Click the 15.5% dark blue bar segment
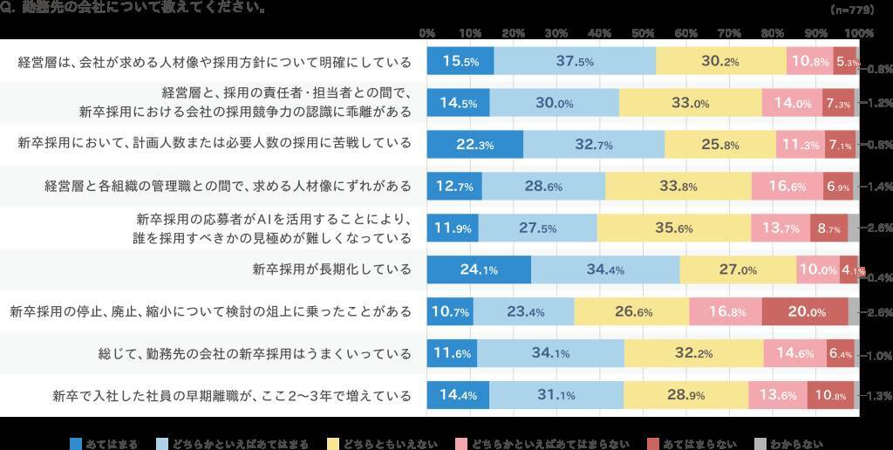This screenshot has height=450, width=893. pos(460,61)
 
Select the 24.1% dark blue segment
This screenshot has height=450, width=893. pos(478,269)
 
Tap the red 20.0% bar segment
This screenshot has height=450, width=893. pos(804,311)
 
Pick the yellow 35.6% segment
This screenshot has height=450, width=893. pos(674,228)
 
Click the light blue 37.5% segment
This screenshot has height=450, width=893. pos(575,61)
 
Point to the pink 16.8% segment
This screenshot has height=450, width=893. pos(725,311)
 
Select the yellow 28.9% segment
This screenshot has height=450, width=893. pos(685,395)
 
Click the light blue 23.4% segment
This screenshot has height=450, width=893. pos(523,311)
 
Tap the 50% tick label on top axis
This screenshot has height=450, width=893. pos(643,32)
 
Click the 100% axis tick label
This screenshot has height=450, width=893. pos(859,32)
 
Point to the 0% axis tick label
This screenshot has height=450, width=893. pos(427,32)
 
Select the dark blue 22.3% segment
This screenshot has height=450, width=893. pos(474,145)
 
